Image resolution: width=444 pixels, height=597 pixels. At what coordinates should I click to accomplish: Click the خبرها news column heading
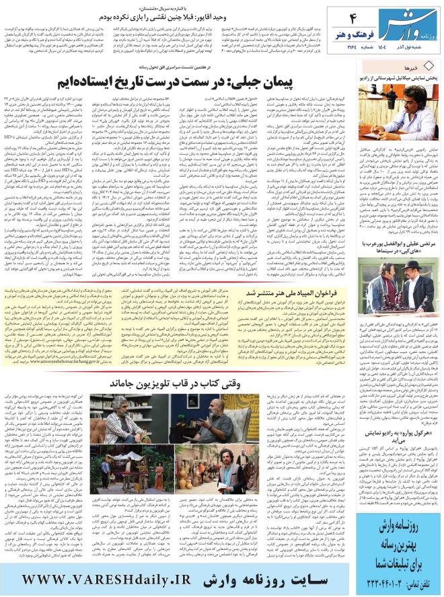pyautogui.click(x=418, y=69)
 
